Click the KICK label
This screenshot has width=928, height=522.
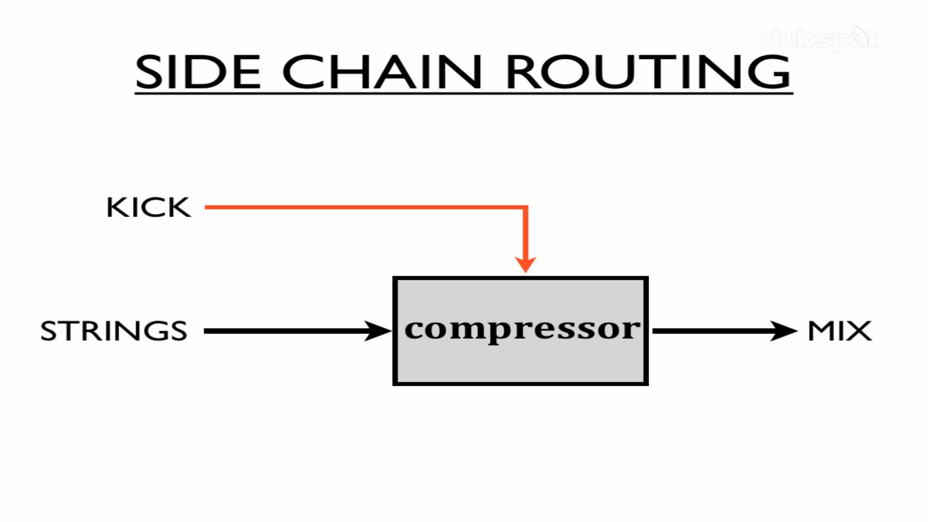[x=148, y=207]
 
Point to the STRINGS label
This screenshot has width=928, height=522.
[x=114, y=331]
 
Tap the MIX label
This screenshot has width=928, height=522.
[x=840, y=331]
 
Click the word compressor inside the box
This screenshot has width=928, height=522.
[x=522, y=330]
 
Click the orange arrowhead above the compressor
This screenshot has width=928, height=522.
[x=525, y=264]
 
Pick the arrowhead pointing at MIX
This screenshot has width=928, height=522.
[x=783, y=331]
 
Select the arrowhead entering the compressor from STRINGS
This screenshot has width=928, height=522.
[x=378, y=331]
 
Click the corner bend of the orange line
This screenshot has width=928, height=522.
[x=525, y=208]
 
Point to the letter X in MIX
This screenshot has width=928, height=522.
[x=860, y=331]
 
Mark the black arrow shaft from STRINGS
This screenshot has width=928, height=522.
[x=285, y=331]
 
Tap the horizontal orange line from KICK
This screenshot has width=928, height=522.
[x=362, y=207]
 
